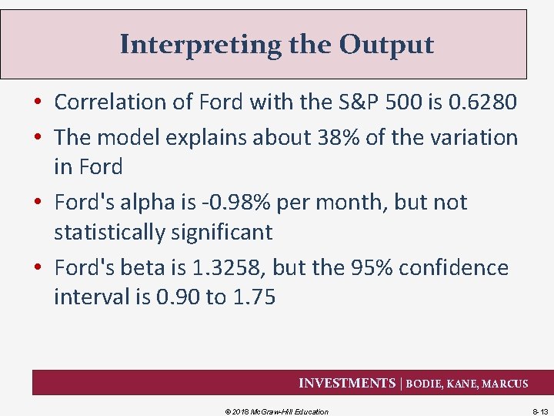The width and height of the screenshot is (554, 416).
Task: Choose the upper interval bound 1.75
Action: pos(251,297)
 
